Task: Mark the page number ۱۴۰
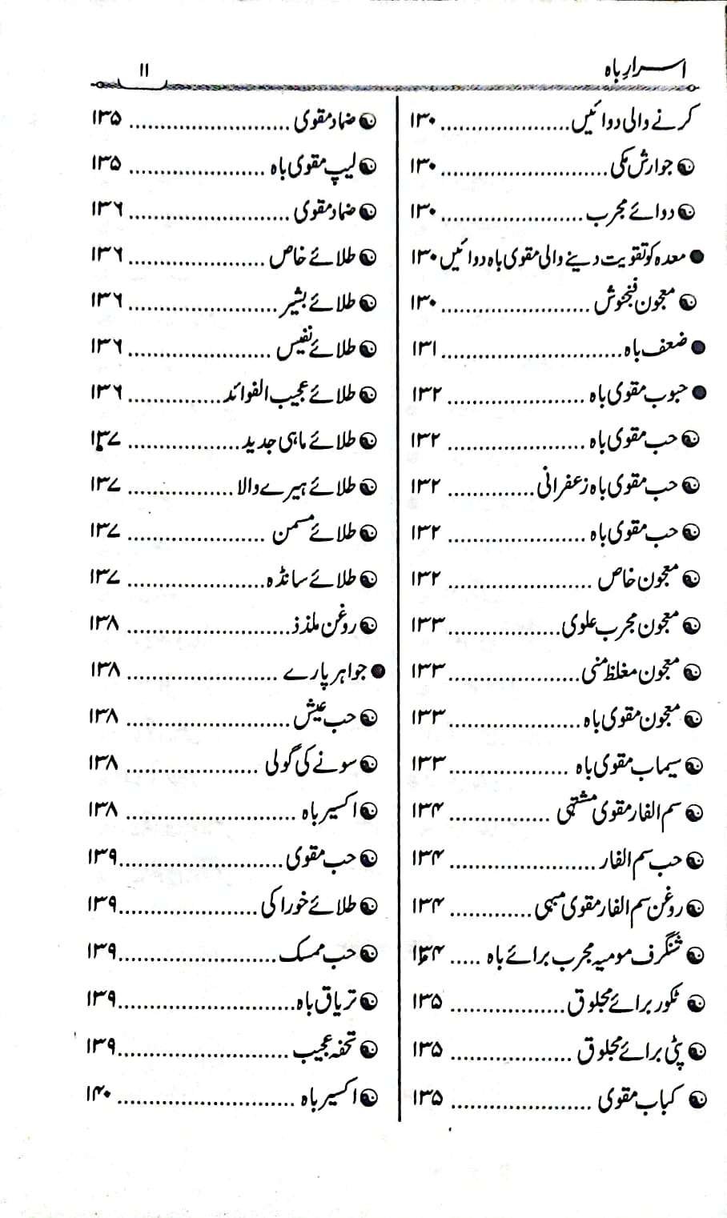[x=103, y=1097]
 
